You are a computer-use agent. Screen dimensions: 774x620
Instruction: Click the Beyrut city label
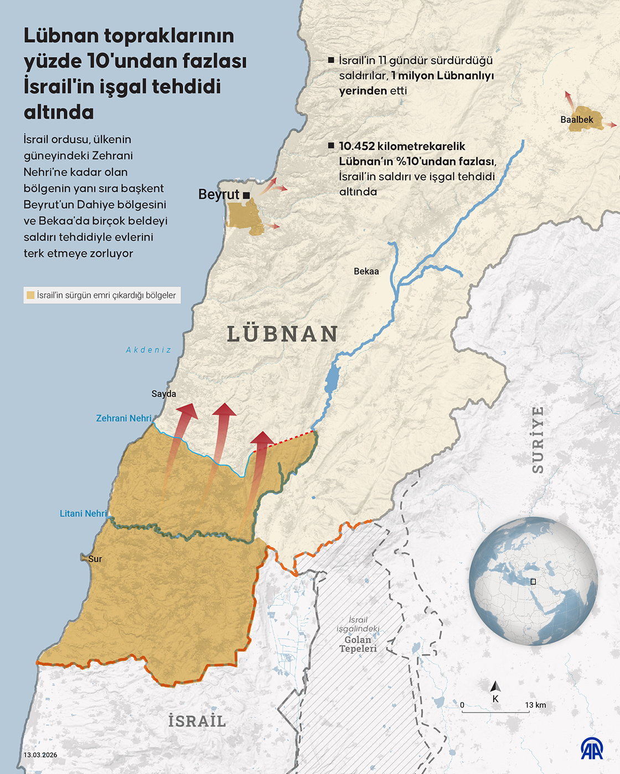(218, 195)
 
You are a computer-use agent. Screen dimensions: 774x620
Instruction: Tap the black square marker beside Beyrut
(246, 195)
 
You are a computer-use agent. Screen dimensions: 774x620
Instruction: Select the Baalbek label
(576, 119)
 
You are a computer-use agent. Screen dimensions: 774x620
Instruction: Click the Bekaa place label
(366, 271)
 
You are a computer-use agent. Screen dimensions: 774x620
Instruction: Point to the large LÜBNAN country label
(283, 334)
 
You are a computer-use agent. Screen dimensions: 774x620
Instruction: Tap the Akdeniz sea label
(148, 350)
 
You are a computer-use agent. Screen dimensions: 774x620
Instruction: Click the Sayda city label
(164, 394)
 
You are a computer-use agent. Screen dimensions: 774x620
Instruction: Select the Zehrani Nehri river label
(124, 419)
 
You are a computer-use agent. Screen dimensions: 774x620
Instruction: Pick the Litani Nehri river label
(84, 514)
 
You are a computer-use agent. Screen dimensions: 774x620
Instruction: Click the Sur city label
(95, 559)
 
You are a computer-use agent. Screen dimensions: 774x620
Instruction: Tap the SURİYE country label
(538, 440)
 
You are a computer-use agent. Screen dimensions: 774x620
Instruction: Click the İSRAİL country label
(197, 721)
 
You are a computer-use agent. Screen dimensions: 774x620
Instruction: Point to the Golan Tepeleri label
(358, 644)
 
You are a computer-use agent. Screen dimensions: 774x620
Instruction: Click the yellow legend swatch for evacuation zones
(30, 295)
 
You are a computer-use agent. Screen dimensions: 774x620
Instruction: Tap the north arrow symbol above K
(495, 686)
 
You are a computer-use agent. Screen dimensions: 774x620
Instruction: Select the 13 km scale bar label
(535, 705)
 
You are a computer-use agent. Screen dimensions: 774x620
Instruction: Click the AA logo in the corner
(592, 749)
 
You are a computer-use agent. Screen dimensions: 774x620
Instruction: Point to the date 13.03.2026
(40, 755)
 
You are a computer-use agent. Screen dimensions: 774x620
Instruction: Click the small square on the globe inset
(533, 582)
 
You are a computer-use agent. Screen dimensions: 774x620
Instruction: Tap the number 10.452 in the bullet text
(356, 146)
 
